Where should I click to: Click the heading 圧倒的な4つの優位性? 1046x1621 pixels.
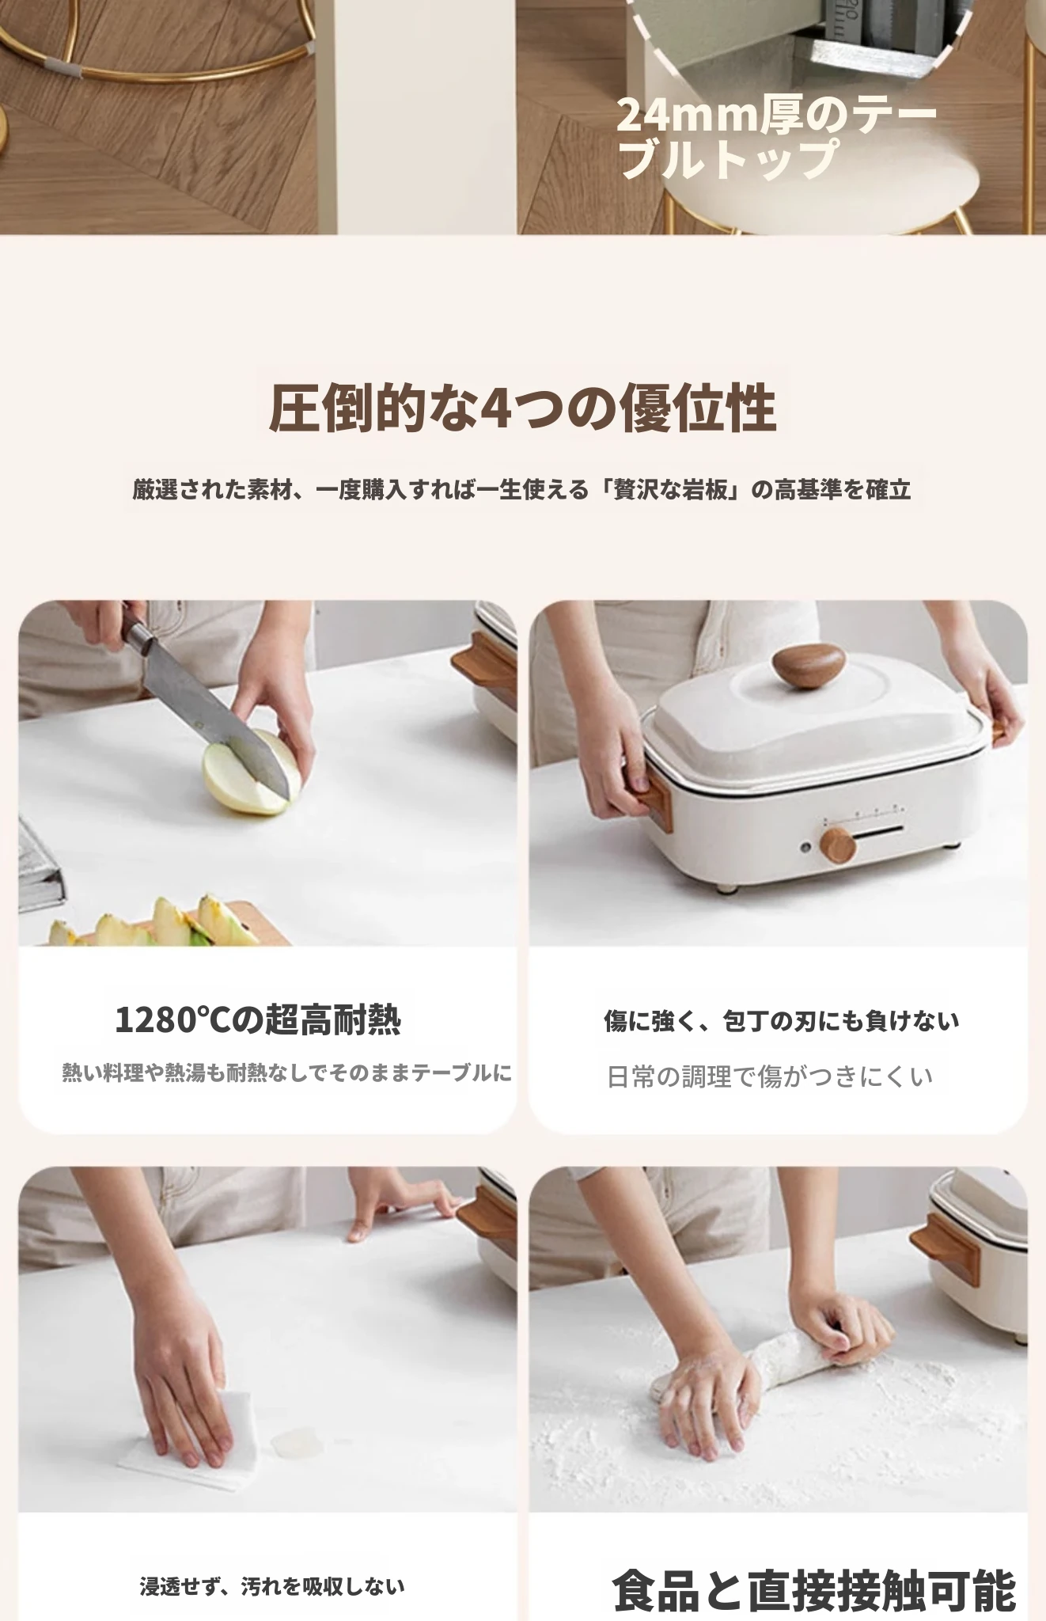pyautogui.click(x=522, y=408)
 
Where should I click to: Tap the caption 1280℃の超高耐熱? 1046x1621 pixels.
pyautogui.click(x=258, y=1019)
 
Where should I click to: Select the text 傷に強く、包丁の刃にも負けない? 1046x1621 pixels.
pyautogui.click(x=781, y=1021)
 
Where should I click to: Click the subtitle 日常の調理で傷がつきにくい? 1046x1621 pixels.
pyautogui.click(x=770, y=1076)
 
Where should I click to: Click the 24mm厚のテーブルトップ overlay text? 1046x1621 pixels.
pyautogui.click(x=776, y=137)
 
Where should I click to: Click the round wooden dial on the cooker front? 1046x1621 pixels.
pyautogui.click(x=839, y=845)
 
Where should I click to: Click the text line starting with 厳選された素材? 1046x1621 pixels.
pyautogui.click(x=522, y=490)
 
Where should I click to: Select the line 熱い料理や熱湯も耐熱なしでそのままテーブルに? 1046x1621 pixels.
pyautogui.click(x=287, y=1073)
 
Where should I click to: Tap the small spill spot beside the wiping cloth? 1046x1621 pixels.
pyautogui.click(x=291, y=1441)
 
